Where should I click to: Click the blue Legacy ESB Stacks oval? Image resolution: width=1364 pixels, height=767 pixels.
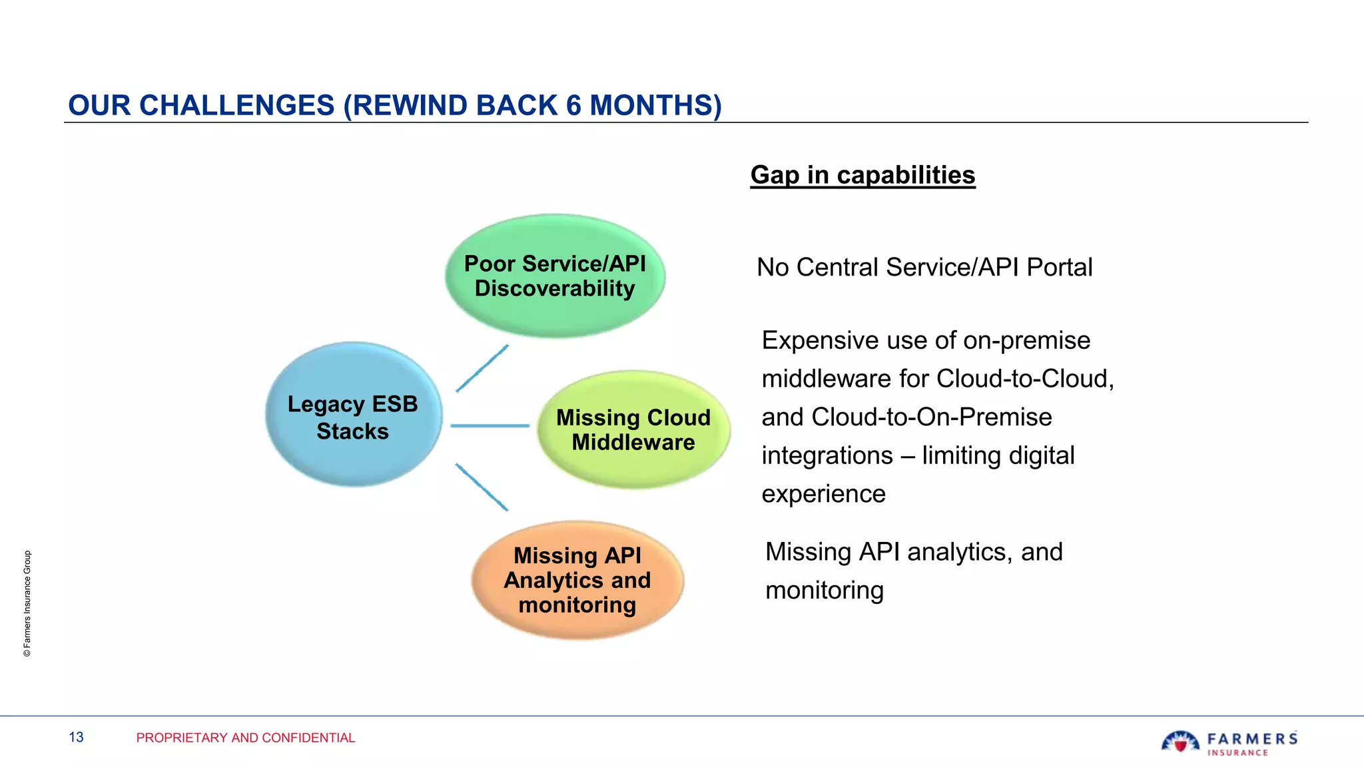click(353, 415)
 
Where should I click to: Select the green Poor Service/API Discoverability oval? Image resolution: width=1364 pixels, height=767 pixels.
click(555, 276)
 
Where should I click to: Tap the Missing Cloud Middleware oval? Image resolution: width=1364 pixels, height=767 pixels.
click(633, 430)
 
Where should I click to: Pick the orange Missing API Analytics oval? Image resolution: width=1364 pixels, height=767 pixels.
click(577, 580)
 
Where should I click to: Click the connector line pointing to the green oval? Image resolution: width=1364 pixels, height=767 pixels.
click(482, 368)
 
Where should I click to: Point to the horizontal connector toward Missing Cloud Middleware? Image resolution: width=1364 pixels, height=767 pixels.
click(490, 425)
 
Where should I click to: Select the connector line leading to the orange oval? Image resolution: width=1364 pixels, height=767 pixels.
click(482, 487)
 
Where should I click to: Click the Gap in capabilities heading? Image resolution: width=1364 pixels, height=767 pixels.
click(862, 175)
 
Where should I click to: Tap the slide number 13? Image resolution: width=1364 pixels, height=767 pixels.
click(77, 737)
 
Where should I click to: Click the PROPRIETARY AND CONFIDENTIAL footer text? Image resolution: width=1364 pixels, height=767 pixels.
click(245, 738)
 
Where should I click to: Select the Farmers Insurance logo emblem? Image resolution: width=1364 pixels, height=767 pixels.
click(1180, 742)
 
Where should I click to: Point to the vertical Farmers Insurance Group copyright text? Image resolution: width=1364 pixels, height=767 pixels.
click(27, 603)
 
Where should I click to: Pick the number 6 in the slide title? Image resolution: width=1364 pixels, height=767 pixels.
click(573, 106)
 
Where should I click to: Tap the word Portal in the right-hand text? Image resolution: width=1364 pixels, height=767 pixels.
click(1060, 268)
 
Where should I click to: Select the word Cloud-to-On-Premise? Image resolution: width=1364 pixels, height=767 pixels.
click(932, 417)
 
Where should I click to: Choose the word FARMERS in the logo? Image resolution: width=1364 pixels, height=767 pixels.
click(1252, 738)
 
